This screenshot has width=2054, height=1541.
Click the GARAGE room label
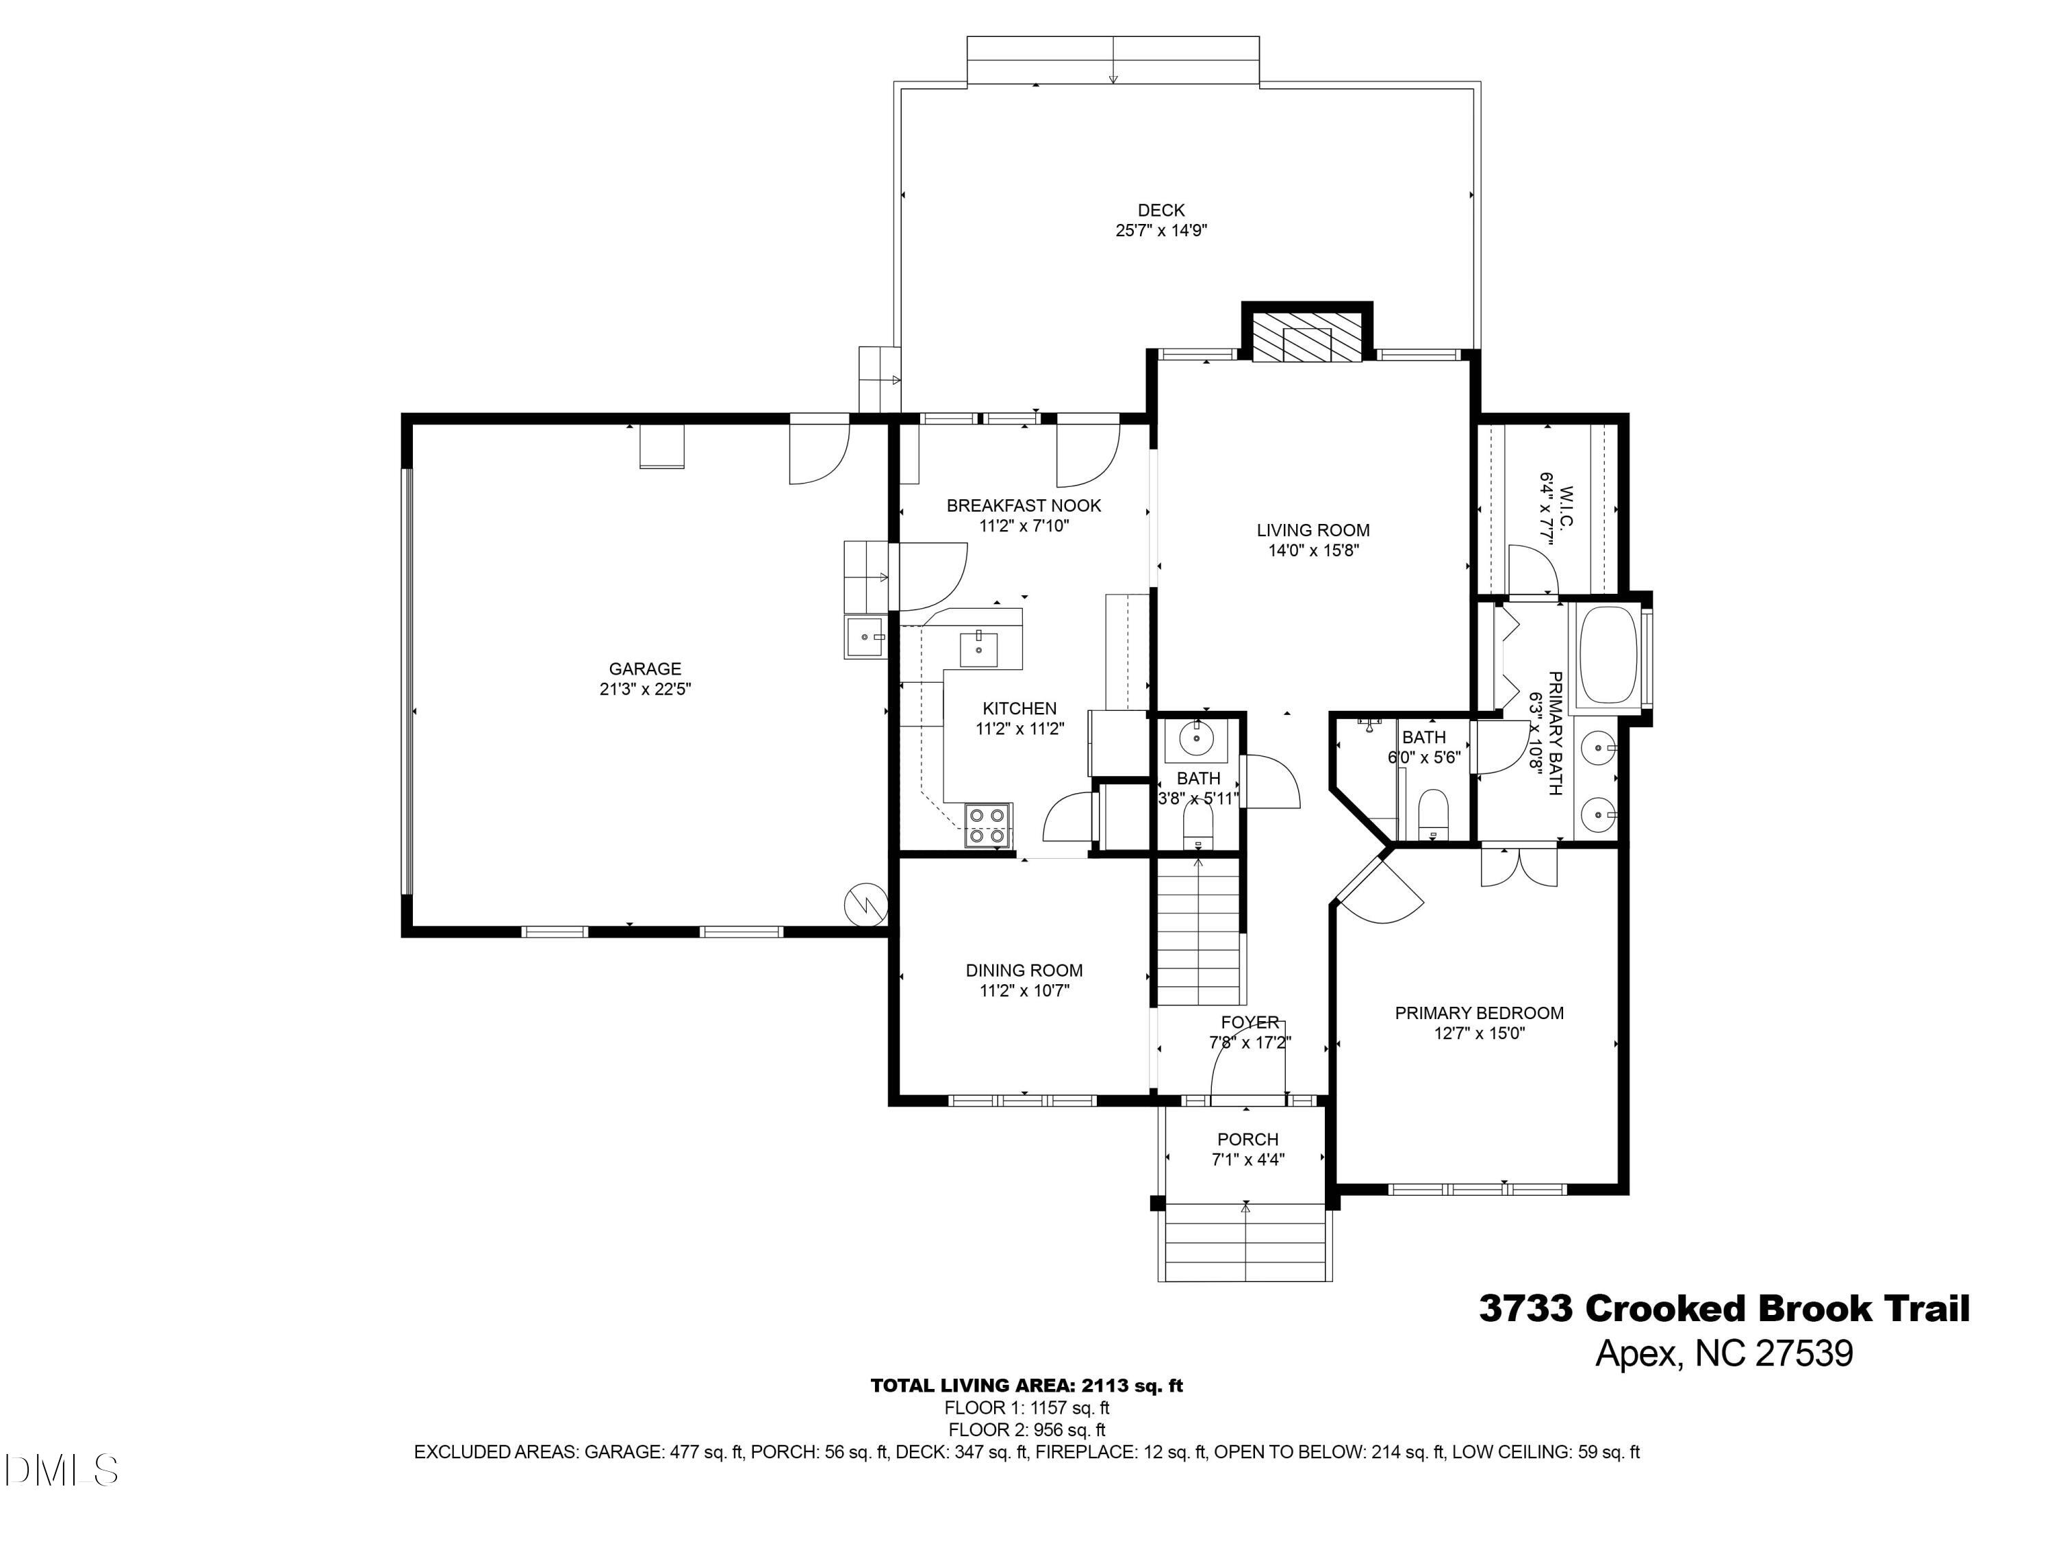(644, 668)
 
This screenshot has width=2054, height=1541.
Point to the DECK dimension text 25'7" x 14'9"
(1161, 230)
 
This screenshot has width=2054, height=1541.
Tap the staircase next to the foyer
(1198, 934)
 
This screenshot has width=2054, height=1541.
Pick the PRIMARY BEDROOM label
(1479, 1014)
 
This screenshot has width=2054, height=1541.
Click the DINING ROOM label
(1024, 970)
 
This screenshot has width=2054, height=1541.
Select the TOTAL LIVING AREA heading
(1026, 1386)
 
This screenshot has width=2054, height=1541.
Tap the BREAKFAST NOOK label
(1024, 506)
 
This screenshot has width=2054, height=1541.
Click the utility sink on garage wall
(865, 637)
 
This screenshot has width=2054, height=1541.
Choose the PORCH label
(1247, 1140)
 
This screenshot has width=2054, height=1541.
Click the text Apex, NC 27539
(1723, 1353)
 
